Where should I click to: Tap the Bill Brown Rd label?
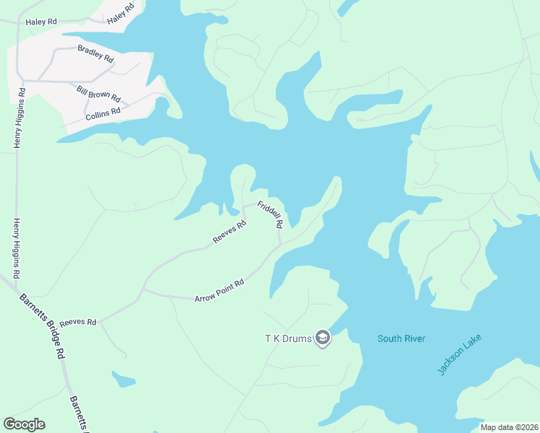point(98,93)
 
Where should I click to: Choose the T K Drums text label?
point(287,338)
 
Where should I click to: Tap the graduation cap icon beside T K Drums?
point(323,338)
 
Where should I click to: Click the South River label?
point(401,338)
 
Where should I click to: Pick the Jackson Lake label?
point(459,354)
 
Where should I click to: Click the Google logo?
point(24,424)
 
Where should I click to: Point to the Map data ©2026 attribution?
point(508,427)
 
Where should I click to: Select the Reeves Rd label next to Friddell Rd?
point(230,232)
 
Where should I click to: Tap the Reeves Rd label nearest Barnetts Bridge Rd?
point(78,322)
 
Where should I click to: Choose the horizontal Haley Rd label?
point(41,22)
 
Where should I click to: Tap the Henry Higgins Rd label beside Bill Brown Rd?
point(22,118)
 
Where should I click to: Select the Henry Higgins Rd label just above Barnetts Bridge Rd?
point(16,248)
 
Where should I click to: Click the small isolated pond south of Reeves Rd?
point(123,379)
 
